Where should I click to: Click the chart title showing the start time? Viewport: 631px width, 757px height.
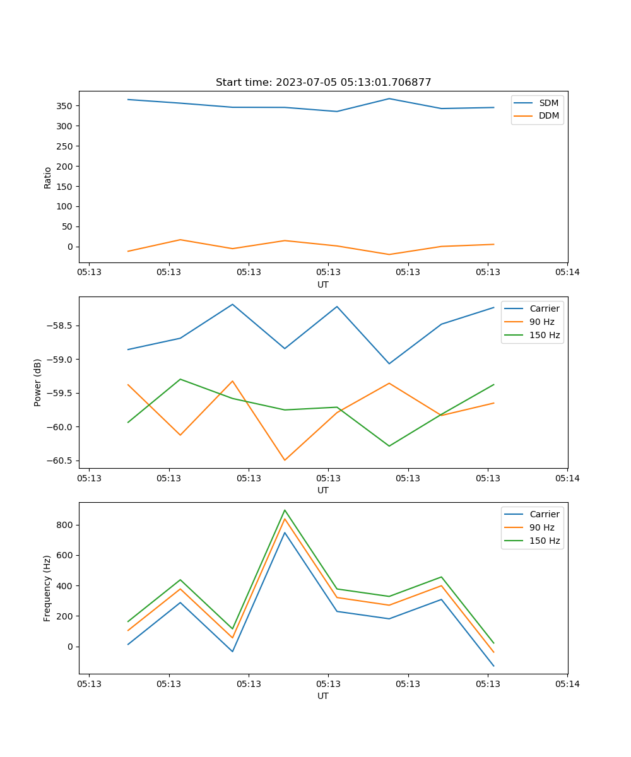[323, 83]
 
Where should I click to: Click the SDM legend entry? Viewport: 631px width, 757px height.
[548, 103]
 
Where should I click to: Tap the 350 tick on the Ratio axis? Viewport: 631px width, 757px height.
[65, 106]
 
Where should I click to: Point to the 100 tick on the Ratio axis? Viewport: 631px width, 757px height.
[65, 206]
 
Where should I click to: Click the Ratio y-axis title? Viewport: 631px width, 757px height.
[48, 177]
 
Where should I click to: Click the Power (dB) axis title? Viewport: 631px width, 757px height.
[38, 382]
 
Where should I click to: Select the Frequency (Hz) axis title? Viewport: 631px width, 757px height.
[47, 588]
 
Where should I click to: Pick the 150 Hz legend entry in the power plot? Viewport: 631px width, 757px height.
[545, 335]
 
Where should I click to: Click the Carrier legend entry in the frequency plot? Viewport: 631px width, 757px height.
[544, 514]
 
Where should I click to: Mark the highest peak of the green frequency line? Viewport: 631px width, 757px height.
[285, 510]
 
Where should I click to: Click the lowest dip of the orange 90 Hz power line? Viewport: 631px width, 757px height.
[285, 460]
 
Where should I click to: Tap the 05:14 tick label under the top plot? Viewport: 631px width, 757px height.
[567, 273]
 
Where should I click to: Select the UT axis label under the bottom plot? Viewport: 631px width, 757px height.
[323, 696]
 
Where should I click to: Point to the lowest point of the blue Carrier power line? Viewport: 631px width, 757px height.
[389, 363]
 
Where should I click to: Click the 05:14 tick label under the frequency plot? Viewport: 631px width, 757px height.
[567, 684]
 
